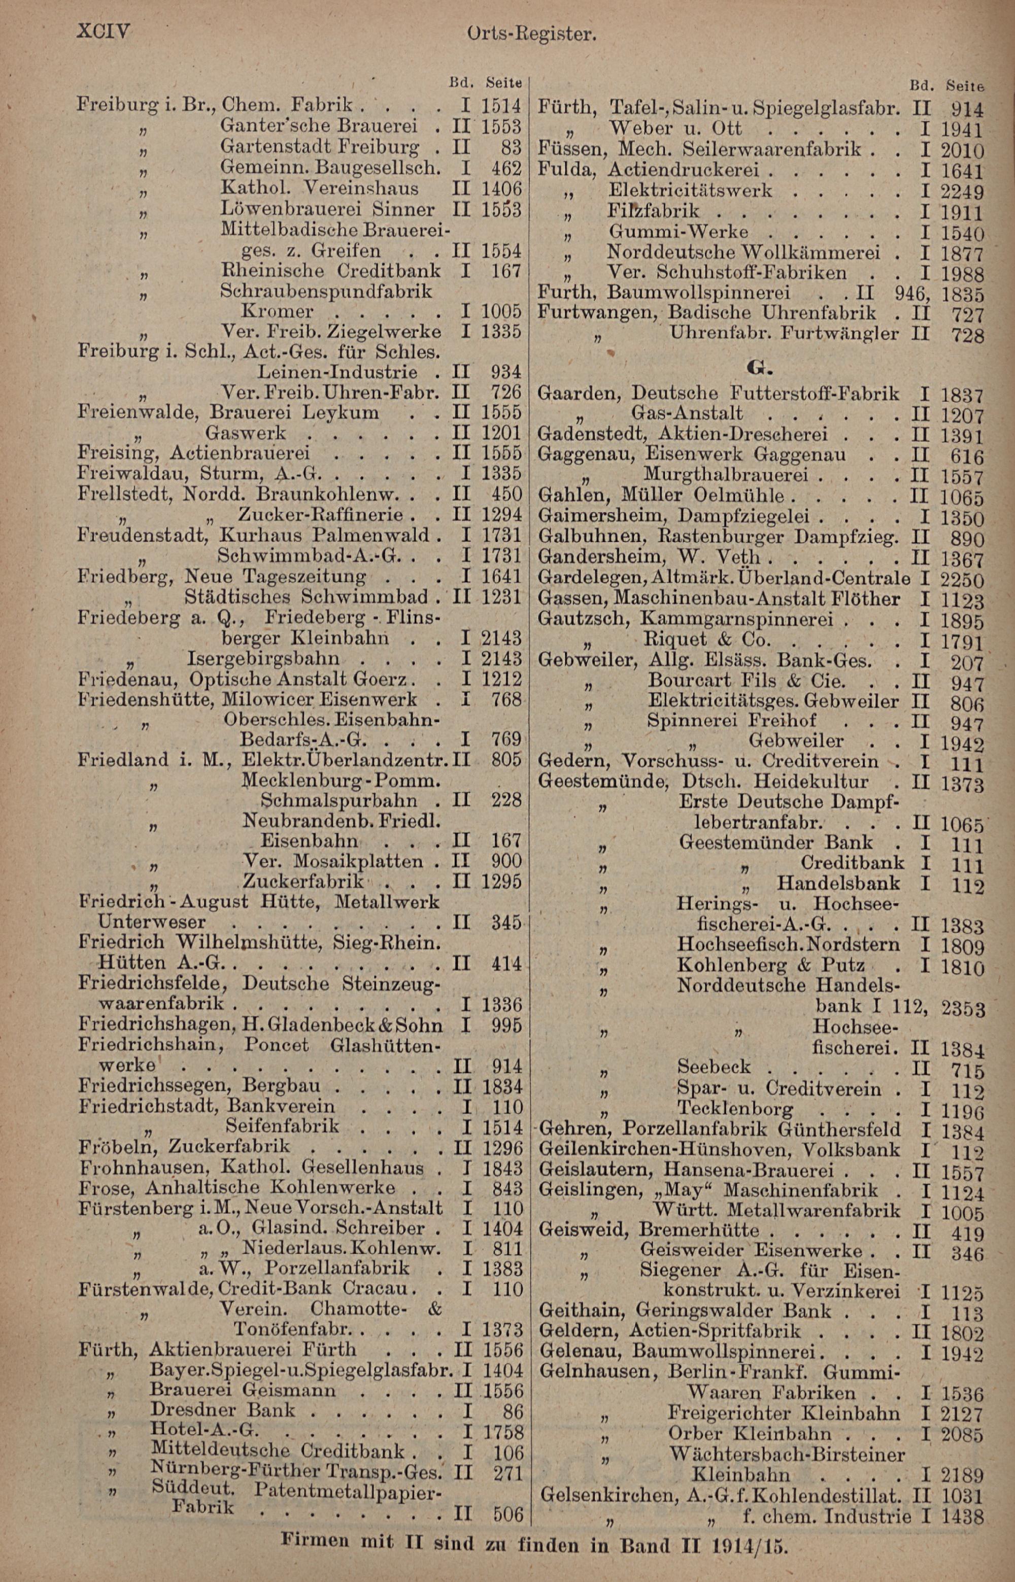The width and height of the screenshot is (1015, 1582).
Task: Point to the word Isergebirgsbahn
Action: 263,658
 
